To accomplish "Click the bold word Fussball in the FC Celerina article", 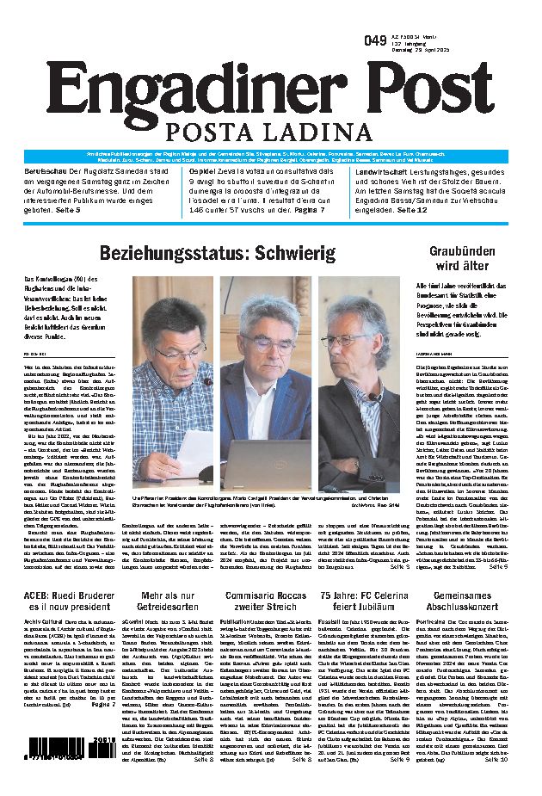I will pyautogui.click(x=333, y=620).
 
